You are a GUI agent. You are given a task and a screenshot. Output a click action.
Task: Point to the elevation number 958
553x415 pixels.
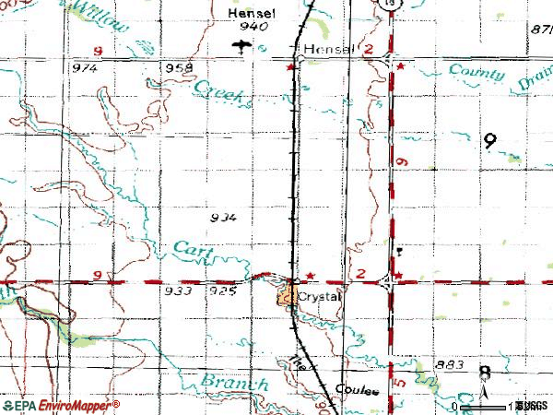point(179,68)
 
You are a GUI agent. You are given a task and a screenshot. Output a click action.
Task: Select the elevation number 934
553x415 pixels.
point(223,218)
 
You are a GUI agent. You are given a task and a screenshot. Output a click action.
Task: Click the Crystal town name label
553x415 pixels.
point(320,297)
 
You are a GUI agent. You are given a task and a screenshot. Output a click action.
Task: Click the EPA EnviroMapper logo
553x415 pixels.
point(61,406)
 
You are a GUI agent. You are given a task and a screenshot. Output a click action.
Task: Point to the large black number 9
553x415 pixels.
point(489,141)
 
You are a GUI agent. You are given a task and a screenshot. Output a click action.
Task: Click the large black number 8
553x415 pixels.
point(485,373)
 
